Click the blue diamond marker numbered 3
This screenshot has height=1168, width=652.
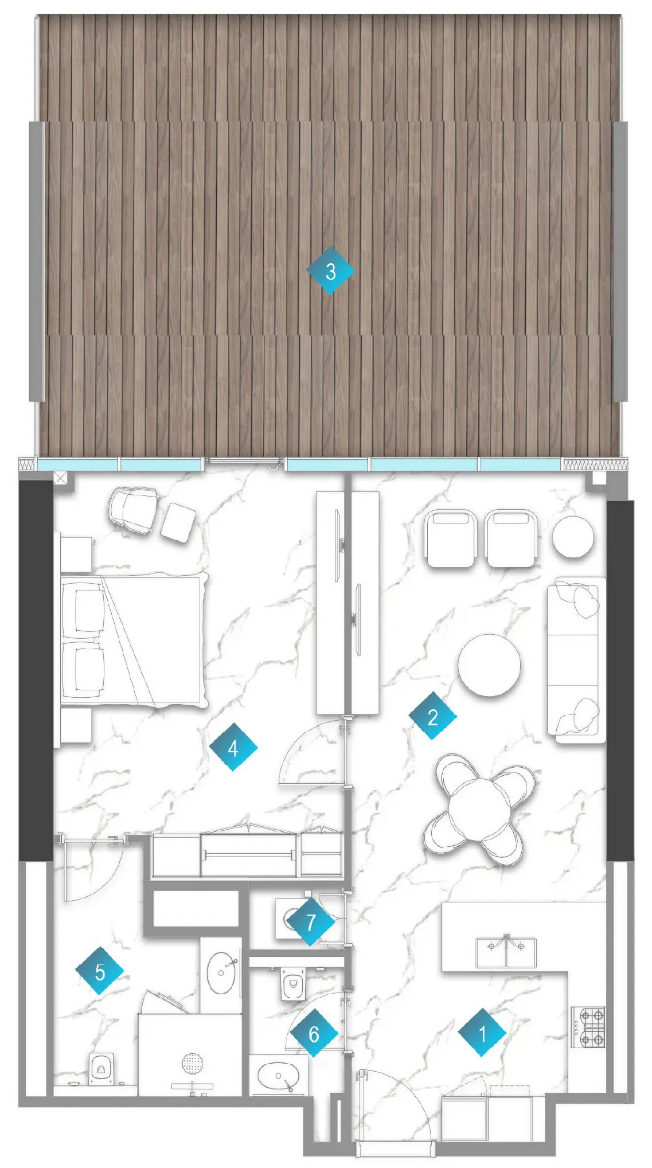click(x=330, y=271)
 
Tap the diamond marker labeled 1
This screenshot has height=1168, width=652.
click(x=482, y=1032)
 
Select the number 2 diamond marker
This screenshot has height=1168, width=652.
click(x=432, y=716)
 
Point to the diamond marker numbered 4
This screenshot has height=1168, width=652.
click(x=233, y=747)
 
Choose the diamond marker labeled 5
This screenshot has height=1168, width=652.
click(x=100, y=971)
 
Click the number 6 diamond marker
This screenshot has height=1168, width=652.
click(x=313, y=1033)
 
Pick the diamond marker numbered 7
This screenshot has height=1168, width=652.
click(x=310, y=923)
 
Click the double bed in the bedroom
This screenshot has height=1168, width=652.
click(x=133, y=639)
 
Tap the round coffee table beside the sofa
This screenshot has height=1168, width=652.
click(x=489, y=665)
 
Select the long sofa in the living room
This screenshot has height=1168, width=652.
click(x=576, y=659)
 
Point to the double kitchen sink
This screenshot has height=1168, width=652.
click(x=506, y=952)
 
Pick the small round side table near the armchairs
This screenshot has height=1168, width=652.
click(x=572, y=537)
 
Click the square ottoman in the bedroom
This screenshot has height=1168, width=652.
click(x=178, y=521)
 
